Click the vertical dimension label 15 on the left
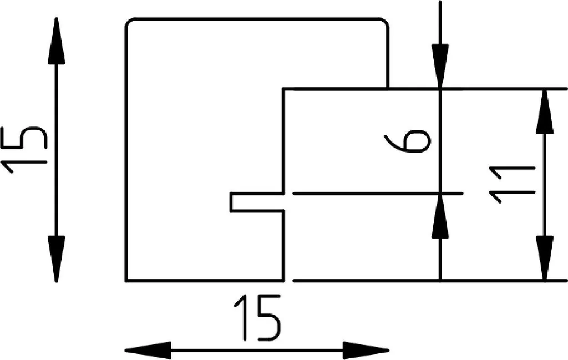point(24,150)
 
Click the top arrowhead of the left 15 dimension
point(56,41)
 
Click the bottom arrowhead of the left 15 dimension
point(56,258)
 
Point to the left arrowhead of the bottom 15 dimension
point(148,351)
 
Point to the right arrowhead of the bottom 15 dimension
point(366,351)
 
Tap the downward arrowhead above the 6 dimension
point(440,65)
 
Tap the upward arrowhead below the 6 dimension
point(440,216)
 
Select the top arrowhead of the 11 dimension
point(545,111)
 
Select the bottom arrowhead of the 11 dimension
point(545,258)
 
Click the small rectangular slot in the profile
point(256,202)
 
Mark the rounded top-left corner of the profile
point(128,21)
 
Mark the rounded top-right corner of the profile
point(386,21)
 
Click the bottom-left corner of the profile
point(126,280)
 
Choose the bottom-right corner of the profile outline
point(283,280)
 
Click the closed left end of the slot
point(231,202)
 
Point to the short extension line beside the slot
point(378,194)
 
